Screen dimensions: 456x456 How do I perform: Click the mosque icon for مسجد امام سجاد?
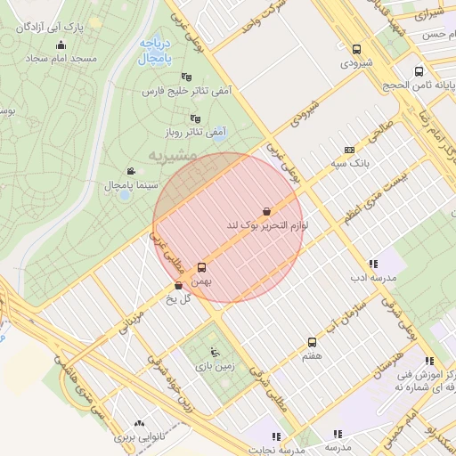61,45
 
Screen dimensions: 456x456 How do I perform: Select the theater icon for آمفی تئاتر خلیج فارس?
185,77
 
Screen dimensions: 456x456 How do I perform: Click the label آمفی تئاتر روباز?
205,132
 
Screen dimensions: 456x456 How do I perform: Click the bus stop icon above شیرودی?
357,50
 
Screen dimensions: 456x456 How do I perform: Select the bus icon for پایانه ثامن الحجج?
419,71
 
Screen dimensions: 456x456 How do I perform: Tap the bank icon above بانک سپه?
349,150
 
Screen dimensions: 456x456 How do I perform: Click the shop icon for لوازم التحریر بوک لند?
268,212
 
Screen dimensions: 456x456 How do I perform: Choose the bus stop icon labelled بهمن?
201,267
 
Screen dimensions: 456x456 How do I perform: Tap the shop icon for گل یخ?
178,286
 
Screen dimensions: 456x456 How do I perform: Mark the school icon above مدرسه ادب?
372,264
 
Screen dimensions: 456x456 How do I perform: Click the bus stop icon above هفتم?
312,342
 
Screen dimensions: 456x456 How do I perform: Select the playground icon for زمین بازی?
213,351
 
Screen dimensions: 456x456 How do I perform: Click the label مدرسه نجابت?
275,450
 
